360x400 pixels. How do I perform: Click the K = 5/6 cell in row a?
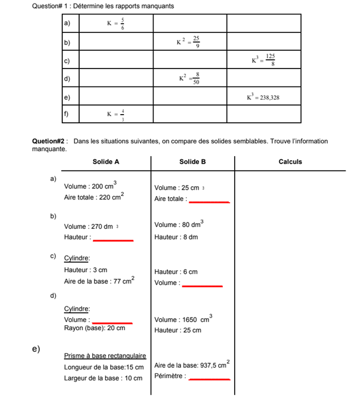coord(116,23)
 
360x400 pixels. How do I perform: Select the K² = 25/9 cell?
coord(189,41)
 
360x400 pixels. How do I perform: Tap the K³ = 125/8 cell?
coord(263,59)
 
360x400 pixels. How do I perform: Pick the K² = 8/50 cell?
coord(189,78)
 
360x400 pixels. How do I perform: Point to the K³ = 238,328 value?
coord(263,97)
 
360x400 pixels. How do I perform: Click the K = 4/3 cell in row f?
coord(116,114)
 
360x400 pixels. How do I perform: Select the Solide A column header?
coord(106,162)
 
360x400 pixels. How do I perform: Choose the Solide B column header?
coord(192,162)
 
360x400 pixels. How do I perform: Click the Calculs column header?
coord(290,162)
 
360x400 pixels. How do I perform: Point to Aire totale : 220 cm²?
coord(94,197)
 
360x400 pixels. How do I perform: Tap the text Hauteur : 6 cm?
coord(176,271)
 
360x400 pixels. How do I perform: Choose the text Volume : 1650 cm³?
coord(183,319)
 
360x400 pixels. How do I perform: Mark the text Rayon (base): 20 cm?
coord(95,328)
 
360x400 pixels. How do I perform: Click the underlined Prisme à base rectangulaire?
coord(105,356)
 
